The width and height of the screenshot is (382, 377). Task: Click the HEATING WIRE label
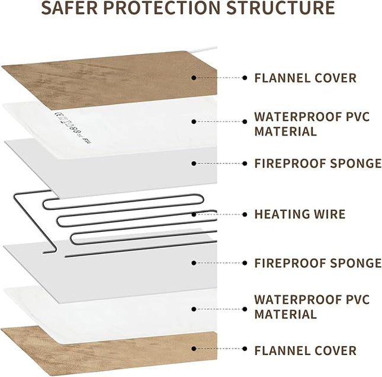coord(300,214)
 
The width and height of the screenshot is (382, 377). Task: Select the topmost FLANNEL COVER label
coord(305,78)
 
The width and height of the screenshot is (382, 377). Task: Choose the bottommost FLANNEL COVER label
coord(305,350)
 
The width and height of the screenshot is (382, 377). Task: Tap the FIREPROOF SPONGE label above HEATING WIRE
coord(317,163)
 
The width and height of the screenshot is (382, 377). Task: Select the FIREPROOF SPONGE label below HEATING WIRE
coord(317,263)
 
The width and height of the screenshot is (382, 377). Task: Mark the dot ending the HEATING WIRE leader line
coord(244,214)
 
